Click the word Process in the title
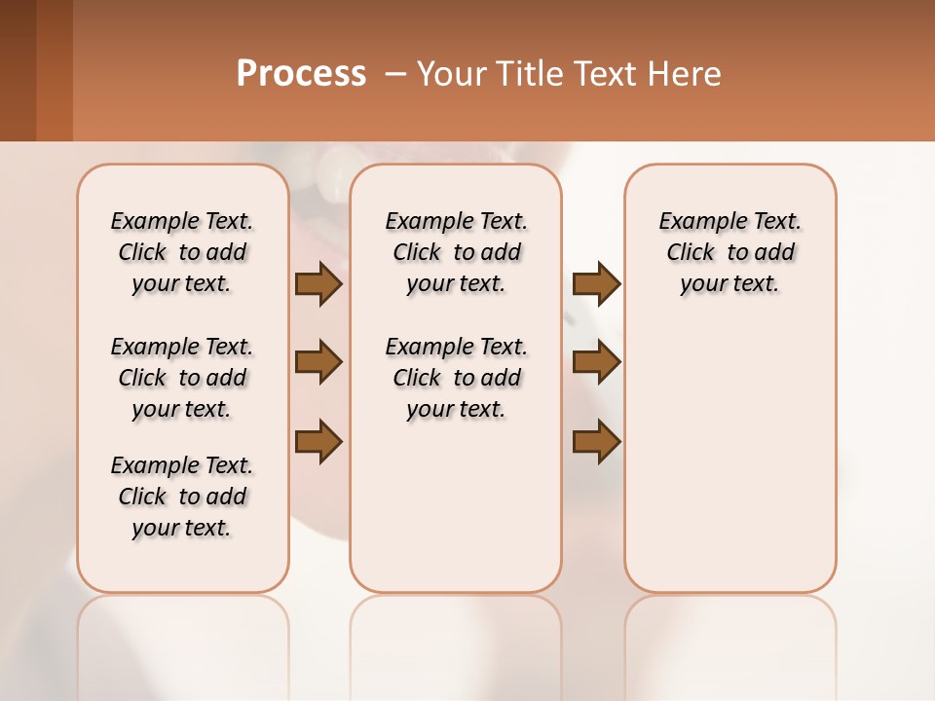pyautogui.click(x=301, y=74)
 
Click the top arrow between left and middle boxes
pyautogui.click(x=318, y=284)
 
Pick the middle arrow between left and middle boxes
pyautogui.click(x=318, y=362)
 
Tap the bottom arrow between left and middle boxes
pyautogui.click(x=318, y=441)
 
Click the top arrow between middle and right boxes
pyautogui.click(x=596, y=284)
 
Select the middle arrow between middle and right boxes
pyautogui.click(x=596, y=362)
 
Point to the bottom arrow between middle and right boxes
pyautogui.click(x=596, y=441)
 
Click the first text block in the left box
pyautogui.click(x=182, y=252)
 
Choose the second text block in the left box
pyautogui.click(x=182, y=378)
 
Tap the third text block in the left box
pyautogui.click(x=182, y=497)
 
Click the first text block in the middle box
pyautogui.click(x=456, y=252)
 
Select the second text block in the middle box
pyautogui.click(x=456, y=378)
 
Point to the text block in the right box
pyautogui.click(x=729, y=252)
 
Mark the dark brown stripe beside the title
pyautogui.click(x=18, y=70)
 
